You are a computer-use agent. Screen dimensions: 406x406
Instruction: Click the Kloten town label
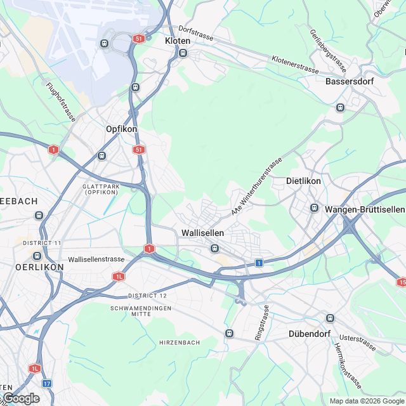coord(177,41)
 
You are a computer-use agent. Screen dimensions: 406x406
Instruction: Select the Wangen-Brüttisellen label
coord(364,209)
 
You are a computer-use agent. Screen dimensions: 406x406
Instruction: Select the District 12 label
coord(147,296)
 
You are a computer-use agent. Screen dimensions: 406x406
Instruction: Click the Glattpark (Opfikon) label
coord(101,188)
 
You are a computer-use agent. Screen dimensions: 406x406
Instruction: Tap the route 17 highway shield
coord(48,383)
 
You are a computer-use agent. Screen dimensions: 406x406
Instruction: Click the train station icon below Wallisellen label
coord(215,248)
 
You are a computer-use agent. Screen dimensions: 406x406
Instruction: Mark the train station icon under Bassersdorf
coord(340,107)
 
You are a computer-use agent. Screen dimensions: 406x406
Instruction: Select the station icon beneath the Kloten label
coord(183,53)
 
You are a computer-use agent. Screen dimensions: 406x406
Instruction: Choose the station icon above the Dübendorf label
coord(329,318)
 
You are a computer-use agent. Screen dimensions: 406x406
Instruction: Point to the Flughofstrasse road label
coord(61,101)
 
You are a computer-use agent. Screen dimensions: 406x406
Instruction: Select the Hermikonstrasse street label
coord(348,366)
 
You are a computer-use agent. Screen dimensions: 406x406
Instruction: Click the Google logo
coord(21,398)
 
